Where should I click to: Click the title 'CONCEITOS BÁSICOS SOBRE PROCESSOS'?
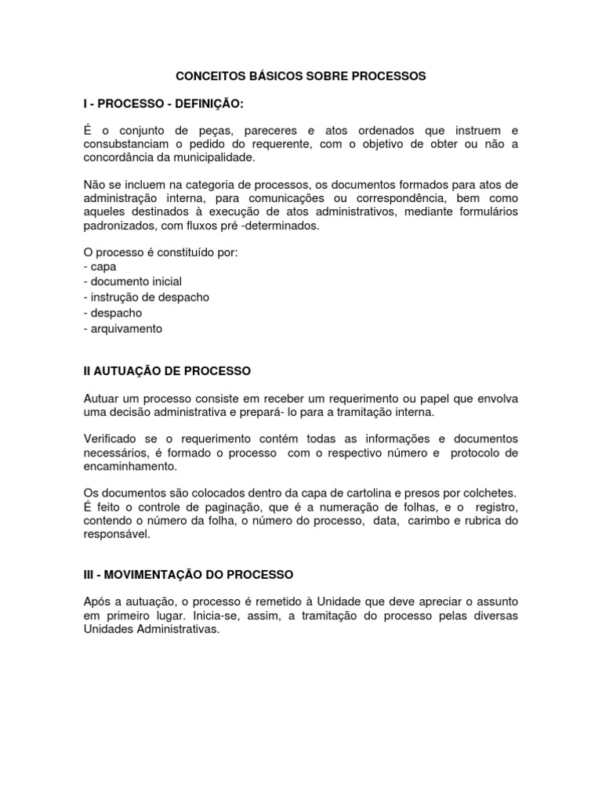tap(300, 76)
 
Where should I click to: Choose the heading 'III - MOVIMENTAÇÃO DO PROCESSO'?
tap(188, 575)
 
